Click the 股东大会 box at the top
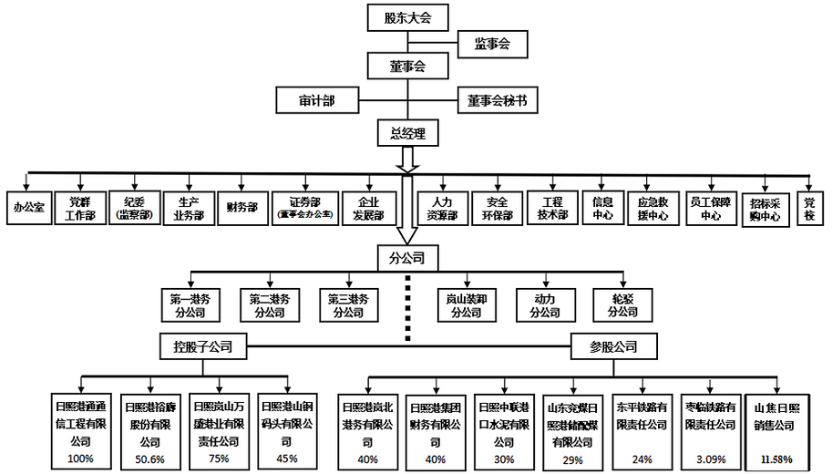(x=407, y=17)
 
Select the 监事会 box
(x=491, y=42)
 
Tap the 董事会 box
(x=407, y=66)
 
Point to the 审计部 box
(x=315, y=99)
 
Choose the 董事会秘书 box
(x=497, y=99)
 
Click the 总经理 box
(x=407, y=134)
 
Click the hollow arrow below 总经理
(x=407, y=159)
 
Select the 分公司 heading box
(x=407, y=258)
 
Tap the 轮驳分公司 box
(x=622, y=304)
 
